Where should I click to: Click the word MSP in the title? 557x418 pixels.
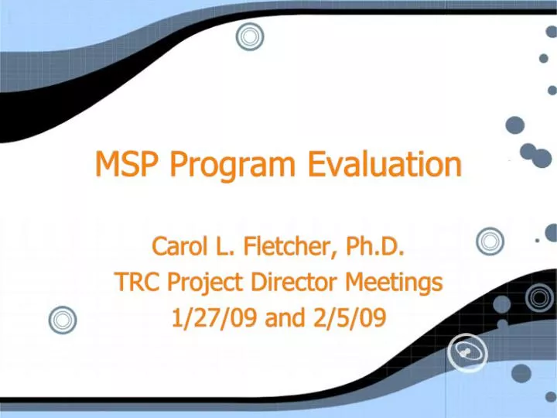coord(128,164)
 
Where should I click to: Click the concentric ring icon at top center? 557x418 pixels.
coord(250,36)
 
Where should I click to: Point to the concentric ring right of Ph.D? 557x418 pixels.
coord(490,242)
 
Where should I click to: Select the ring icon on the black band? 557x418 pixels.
coord(538,297)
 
